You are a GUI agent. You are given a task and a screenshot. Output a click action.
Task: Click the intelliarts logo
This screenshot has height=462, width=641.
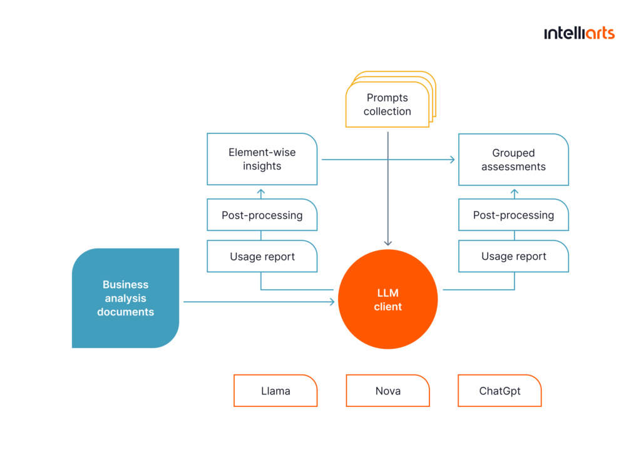[579, 33]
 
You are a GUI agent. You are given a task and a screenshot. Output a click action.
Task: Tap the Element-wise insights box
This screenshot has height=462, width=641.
[262, 159]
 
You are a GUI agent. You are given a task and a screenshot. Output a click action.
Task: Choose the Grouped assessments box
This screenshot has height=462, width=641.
[513, 160]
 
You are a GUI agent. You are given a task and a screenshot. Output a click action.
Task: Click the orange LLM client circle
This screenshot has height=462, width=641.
[387, 299]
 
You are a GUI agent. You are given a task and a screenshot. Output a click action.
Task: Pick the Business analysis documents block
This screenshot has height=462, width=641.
[125, 298]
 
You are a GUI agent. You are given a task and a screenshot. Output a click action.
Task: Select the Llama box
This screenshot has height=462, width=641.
[275, 391]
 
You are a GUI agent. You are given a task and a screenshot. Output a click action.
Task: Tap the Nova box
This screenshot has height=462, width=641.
[387, 391]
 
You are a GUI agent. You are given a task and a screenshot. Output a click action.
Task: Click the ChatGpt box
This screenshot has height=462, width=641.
[500, 391]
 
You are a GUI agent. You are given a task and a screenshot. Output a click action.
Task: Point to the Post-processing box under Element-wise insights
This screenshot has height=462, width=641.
[262, 215]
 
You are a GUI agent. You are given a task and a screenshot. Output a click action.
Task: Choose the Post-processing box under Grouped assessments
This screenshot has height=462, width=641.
[513, 215]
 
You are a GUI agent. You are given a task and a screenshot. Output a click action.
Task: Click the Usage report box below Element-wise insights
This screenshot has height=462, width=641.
[262, 256]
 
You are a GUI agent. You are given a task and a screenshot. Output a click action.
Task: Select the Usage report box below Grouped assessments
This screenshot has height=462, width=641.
[513, 256]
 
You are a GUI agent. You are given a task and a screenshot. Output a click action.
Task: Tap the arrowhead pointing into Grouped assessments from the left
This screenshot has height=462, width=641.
[453, 160]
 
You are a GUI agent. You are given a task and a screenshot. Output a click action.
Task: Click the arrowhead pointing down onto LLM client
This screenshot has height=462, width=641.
[388, 244]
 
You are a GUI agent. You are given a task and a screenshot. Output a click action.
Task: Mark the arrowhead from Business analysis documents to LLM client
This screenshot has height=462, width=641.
[332, 302]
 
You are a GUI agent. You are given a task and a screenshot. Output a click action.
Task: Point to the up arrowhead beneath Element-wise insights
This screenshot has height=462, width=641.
[261, 192]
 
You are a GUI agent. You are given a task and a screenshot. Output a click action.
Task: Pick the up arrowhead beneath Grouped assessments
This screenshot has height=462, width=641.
[515, 192]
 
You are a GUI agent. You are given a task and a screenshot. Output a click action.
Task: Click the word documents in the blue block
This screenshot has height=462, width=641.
[125, 312]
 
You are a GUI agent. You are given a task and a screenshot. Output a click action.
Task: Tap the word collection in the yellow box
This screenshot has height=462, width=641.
[387, 111]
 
